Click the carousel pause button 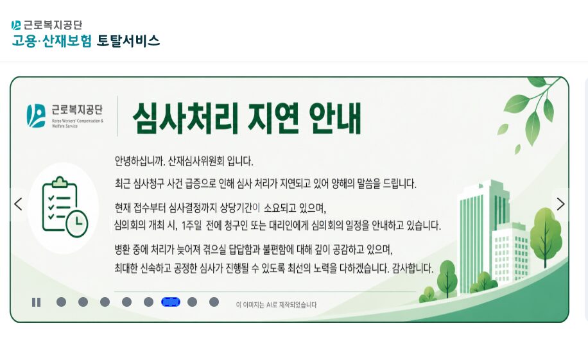37,302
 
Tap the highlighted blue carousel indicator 171,302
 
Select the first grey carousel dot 61,302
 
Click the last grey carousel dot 214,302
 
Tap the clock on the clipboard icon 77,224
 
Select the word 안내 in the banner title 335,117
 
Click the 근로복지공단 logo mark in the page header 16,25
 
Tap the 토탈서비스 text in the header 128,40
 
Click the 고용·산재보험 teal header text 52,40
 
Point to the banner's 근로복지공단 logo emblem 36,116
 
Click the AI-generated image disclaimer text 277,305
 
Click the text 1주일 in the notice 192,225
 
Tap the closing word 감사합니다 413,268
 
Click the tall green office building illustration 482,236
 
